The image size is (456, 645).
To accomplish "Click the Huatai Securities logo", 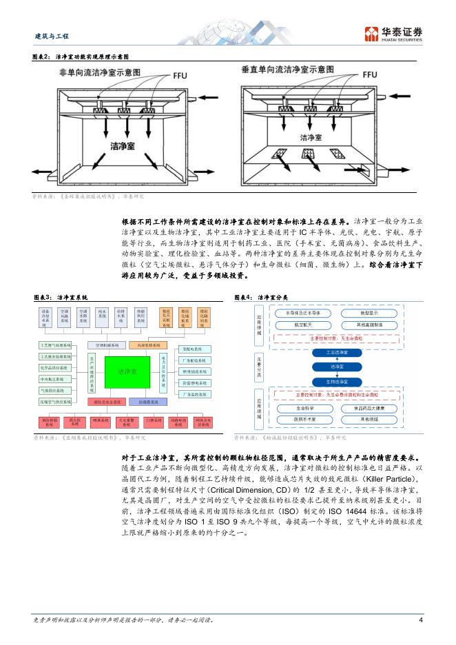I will (394, 34).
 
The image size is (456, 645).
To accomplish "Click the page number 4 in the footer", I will (420, 620).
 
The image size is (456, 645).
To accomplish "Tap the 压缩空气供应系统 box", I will (56, 400).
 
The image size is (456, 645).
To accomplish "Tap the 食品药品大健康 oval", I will (370, 408).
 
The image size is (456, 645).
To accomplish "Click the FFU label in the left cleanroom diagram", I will (180, 74).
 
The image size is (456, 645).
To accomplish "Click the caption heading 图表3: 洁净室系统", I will (60, 297).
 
